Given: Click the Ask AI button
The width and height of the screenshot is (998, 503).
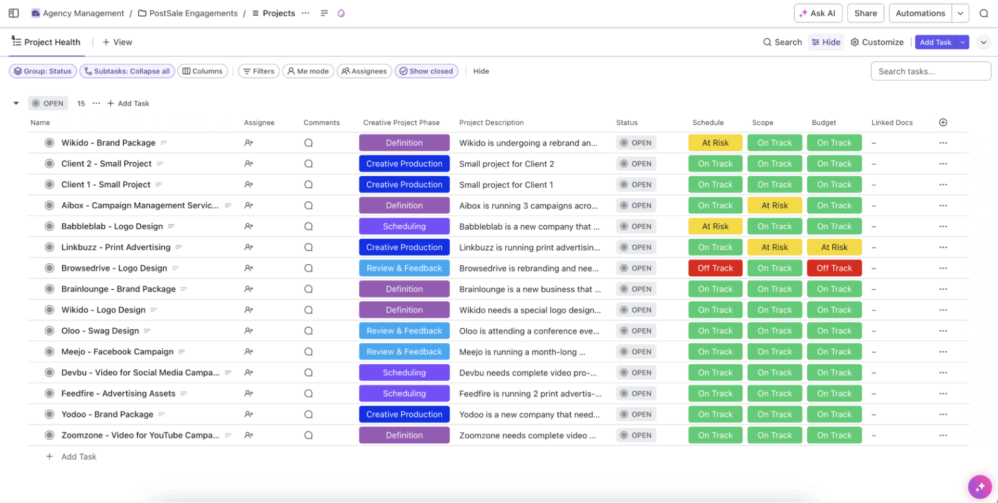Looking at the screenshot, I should (818, 14).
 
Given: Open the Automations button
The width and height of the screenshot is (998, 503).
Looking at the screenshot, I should (920, 14).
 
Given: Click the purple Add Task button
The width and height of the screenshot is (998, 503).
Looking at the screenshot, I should (935, 42).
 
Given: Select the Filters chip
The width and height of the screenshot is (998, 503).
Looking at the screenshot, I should (259, 71).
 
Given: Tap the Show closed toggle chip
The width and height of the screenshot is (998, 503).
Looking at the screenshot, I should (426, 71).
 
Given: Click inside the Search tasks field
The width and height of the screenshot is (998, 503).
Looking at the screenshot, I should (930, 71).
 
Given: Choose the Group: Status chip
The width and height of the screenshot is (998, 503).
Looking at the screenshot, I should (43, 71).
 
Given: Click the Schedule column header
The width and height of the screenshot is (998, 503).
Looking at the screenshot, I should (708, 123).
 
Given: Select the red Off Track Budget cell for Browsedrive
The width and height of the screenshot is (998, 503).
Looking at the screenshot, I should (834, 268).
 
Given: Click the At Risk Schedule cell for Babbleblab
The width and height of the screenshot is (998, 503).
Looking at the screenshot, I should (715, 226).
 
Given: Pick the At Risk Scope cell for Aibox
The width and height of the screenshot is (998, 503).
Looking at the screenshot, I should (774, 205).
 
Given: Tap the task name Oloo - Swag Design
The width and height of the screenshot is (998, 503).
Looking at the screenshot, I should (100, 331).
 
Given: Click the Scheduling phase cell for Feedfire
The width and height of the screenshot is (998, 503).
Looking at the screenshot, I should (404, 394).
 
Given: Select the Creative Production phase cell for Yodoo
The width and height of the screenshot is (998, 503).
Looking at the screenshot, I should (404, 415).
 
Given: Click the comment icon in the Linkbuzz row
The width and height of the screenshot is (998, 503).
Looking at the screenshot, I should (308, 248).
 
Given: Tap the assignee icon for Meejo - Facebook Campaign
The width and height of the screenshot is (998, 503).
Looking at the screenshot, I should (248, 352).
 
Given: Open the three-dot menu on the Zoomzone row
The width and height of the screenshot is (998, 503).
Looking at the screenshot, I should (943, 435).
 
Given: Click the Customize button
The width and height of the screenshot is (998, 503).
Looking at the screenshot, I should (877, 42).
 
